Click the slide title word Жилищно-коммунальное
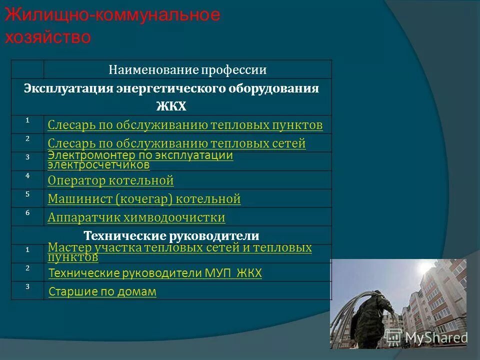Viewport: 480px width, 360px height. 112,15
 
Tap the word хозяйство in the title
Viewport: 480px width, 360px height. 48,37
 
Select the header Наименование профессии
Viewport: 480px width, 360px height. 187,70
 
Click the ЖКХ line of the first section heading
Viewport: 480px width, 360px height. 171,106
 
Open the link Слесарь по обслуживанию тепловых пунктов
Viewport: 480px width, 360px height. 185,124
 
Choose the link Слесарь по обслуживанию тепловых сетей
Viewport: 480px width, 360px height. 176,143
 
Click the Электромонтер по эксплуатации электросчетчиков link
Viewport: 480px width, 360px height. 140,160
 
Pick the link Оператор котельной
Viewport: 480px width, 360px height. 110,180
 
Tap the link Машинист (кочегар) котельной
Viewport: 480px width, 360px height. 144,199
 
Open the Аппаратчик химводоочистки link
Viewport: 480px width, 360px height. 136,217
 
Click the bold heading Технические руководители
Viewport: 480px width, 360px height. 171,235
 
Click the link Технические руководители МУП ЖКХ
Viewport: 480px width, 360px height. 155,273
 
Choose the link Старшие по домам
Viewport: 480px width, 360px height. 102,291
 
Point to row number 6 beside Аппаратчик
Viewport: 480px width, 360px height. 27,213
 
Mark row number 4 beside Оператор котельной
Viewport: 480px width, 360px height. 27,175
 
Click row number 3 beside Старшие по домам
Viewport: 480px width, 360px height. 27,287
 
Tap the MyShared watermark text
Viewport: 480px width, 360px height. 435,338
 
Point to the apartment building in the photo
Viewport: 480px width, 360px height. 440,290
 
